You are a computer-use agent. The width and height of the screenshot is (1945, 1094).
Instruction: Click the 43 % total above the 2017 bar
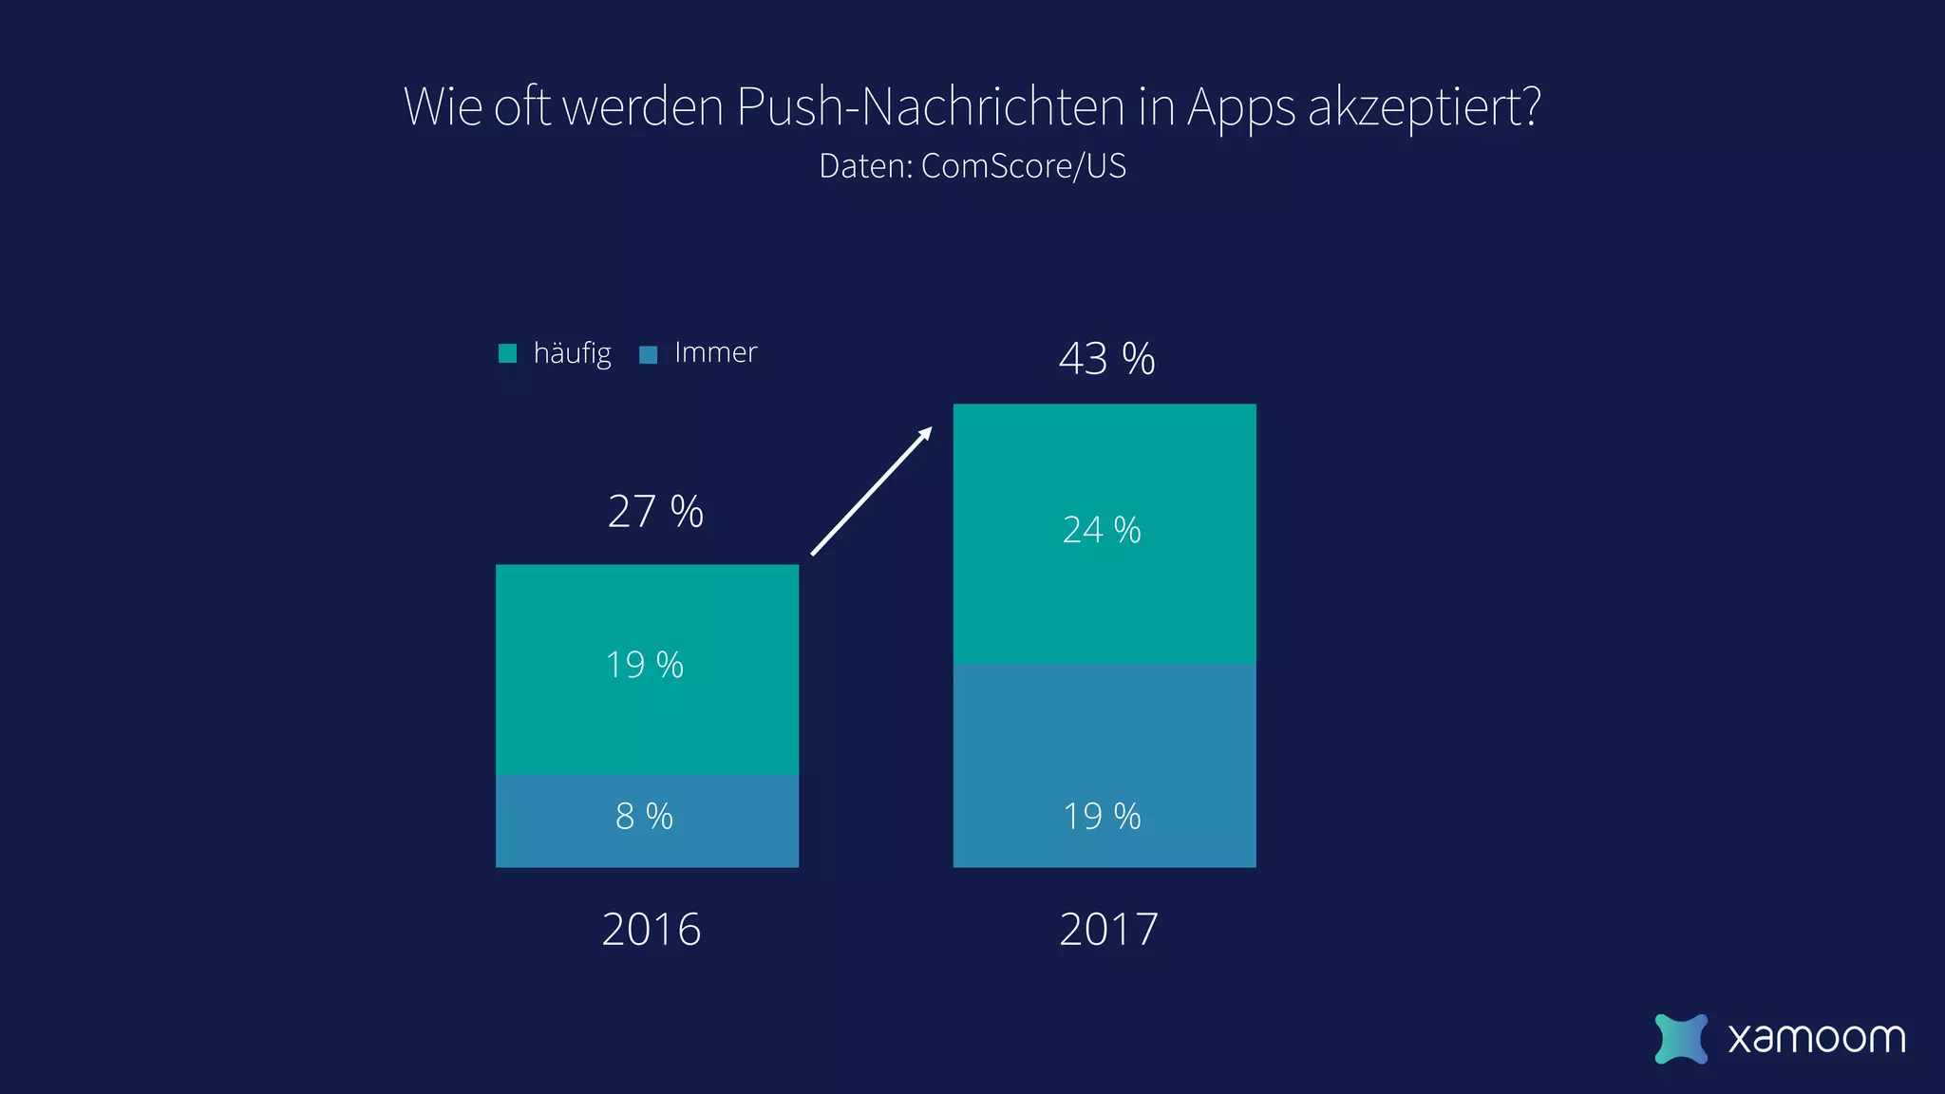click(1106, 359)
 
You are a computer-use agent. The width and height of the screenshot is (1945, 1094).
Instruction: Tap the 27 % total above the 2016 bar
click(655, 512)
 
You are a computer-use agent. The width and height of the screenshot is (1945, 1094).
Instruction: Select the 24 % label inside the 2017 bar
click(1102, 530)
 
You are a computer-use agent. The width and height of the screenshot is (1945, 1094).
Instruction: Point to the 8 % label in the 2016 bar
click(644, 817)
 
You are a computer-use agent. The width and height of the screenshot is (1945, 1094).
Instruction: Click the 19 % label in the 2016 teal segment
click(644, 665)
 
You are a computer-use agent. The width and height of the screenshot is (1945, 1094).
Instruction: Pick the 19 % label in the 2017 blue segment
click(1102, 817)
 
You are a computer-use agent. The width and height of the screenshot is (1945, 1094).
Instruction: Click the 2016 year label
click(651, 929)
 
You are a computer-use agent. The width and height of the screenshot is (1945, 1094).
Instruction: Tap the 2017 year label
click(1108, 929)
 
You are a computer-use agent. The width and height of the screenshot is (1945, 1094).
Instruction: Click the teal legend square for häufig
click(508, 353)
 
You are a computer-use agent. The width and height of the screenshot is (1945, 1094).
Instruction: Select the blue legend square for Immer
click(649, 354)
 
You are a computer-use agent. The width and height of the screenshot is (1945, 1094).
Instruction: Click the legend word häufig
click(572, 353)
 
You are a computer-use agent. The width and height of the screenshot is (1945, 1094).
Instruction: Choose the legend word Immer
click(715, 352)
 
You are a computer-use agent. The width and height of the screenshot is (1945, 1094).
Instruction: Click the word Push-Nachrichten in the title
click(930, 106)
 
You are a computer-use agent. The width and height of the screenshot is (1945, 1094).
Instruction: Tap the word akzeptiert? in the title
click(1424, 106)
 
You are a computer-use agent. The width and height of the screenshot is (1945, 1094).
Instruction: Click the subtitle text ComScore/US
click(1023, 166)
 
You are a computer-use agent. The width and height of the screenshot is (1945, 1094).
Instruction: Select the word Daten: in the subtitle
click(865, 166)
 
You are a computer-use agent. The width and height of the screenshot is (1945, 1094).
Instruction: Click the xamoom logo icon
click(1680, 1038)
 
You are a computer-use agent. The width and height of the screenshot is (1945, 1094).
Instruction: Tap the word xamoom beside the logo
click(1816, 1038)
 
